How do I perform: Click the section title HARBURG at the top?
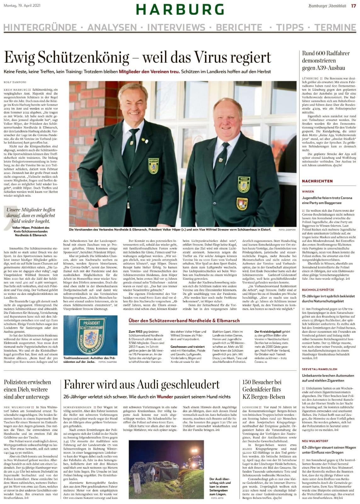pos(180,10)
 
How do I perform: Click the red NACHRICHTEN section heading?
pos(317,181)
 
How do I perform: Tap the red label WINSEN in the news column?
pos(308,191)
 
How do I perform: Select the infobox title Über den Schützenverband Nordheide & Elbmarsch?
pos(184,321)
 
